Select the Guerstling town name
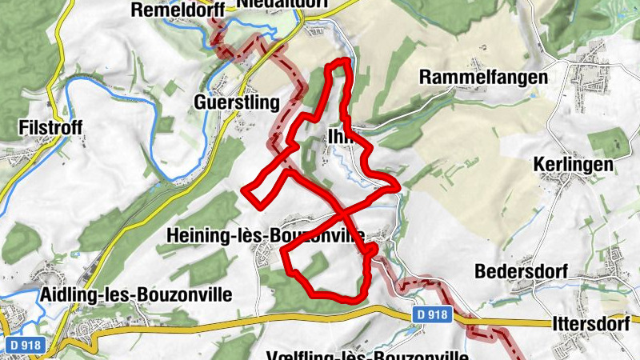click(236, 102)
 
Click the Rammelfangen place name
click(483, 78)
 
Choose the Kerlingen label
click(573, 165)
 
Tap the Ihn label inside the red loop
click(339, 137)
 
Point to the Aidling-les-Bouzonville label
click(135, 294)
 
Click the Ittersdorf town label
click(594, 325)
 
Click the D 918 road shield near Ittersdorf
click(432, 316)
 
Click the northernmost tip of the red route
click(342, 61)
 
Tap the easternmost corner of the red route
click(398, 186)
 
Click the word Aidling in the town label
click(66, 294)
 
